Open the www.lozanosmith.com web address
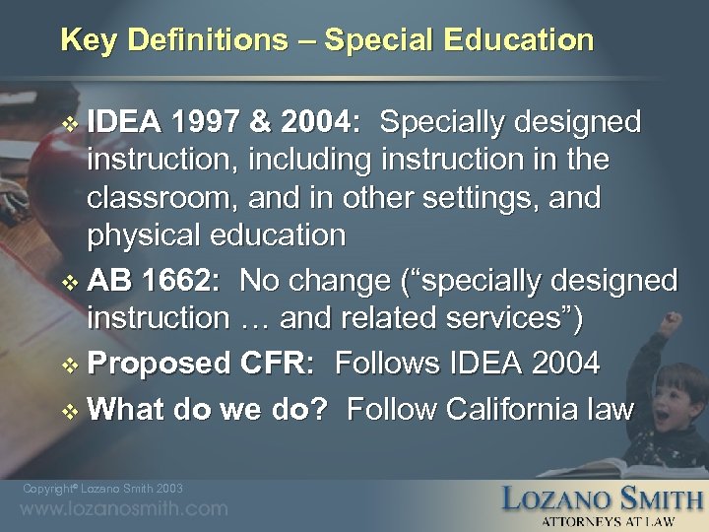tap(124, 508)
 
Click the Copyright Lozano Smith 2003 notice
tap(102, 488)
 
